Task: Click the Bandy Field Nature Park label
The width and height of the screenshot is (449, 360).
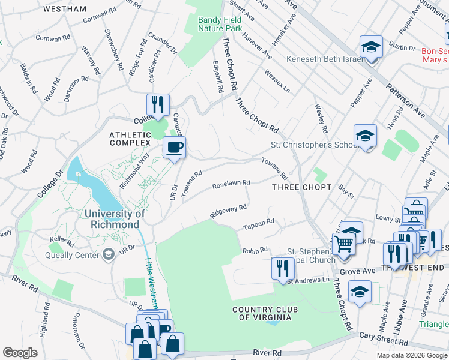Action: (x=220, y=23)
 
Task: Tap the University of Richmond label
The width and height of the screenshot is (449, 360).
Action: (x=115, y=219)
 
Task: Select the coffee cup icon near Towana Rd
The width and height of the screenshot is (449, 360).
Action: (x=174, y=148)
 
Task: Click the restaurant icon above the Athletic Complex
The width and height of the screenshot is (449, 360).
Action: (x=158, y=104)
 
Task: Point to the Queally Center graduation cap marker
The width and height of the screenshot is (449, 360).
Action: (x=108, y=254)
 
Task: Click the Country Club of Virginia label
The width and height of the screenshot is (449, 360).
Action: (x=265, y=313)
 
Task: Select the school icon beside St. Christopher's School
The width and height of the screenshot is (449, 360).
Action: (x=365, y=136)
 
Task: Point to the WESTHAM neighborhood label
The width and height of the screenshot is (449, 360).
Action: (x=65, y=10)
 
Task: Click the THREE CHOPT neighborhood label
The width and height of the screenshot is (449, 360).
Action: (x=301, y=187)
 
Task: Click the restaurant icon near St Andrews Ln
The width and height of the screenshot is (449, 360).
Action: (x=282, y=268)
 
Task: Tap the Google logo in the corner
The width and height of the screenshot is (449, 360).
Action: (x=19, y=353)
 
